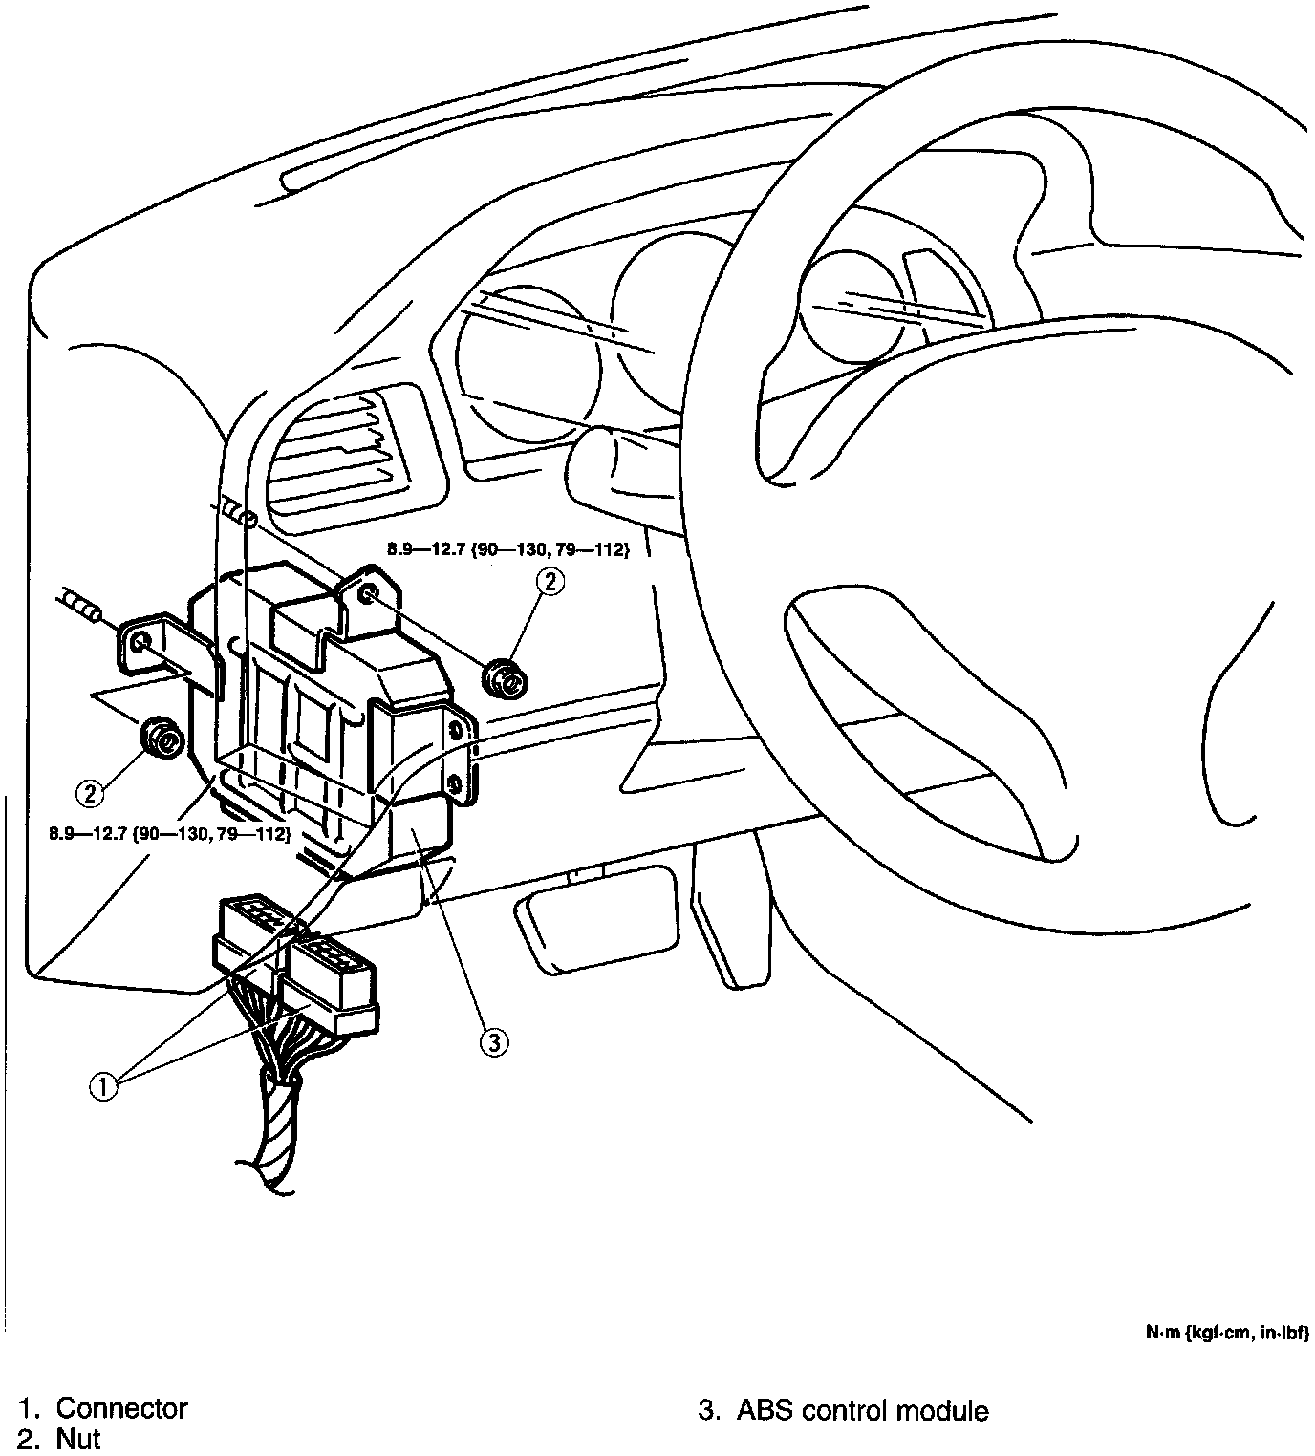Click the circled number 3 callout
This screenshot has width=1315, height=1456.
[493, 1041]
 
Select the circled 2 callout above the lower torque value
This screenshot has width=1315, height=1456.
[91, 792]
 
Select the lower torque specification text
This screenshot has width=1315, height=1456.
[170, 833]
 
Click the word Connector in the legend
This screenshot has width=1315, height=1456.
[121, 1408]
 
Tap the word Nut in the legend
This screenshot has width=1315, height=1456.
[78, 1439]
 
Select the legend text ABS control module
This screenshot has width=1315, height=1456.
[862, 1410]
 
